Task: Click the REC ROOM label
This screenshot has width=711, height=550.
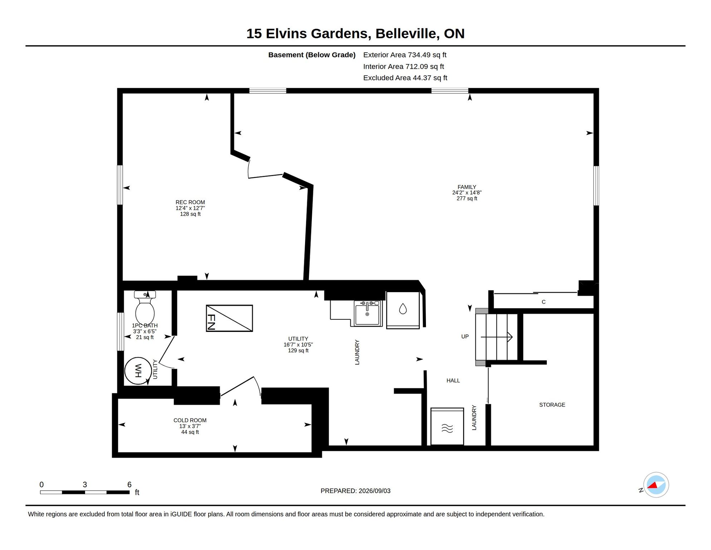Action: coord(190,202)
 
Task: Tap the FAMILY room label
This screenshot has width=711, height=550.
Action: coord(467,187)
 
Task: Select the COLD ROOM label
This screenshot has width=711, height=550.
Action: coord(190,420)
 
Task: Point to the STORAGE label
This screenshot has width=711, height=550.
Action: coord(552,405)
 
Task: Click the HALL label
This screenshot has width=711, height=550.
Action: coord(453,381)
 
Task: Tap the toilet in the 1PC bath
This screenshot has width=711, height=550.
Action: coord(145,308)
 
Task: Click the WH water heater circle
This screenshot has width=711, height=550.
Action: coord(138,371)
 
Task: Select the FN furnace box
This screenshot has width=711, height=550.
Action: coord(229,318)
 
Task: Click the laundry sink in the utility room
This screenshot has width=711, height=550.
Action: coord(367,313)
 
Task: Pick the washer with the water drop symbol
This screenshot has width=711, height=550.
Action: coord(403,310)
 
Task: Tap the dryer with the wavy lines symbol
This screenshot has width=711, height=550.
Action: coord(447,426)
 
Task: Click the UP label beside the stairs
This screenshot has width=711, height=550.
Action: coord(465,337)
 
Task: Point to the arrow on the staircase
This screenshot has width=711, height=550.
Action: coord(497,337)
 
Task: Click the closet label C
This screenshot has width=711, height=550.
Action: coord(544,302)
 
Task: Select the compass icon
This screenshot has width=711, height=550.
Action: coord(656,485)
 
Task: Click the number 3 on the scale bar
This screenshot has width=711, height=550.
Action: coord(85,484)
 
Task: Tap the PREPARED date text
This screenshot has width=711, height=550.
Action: coord(355,491)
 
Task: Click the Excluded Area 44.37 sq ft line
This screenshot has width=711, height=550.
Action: coord(405,78)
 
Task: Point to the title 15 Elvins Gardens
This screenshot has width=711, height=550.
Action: coord(307,34)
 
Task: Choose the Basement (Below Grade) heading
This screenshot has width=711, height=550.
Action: coord(312,55)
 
